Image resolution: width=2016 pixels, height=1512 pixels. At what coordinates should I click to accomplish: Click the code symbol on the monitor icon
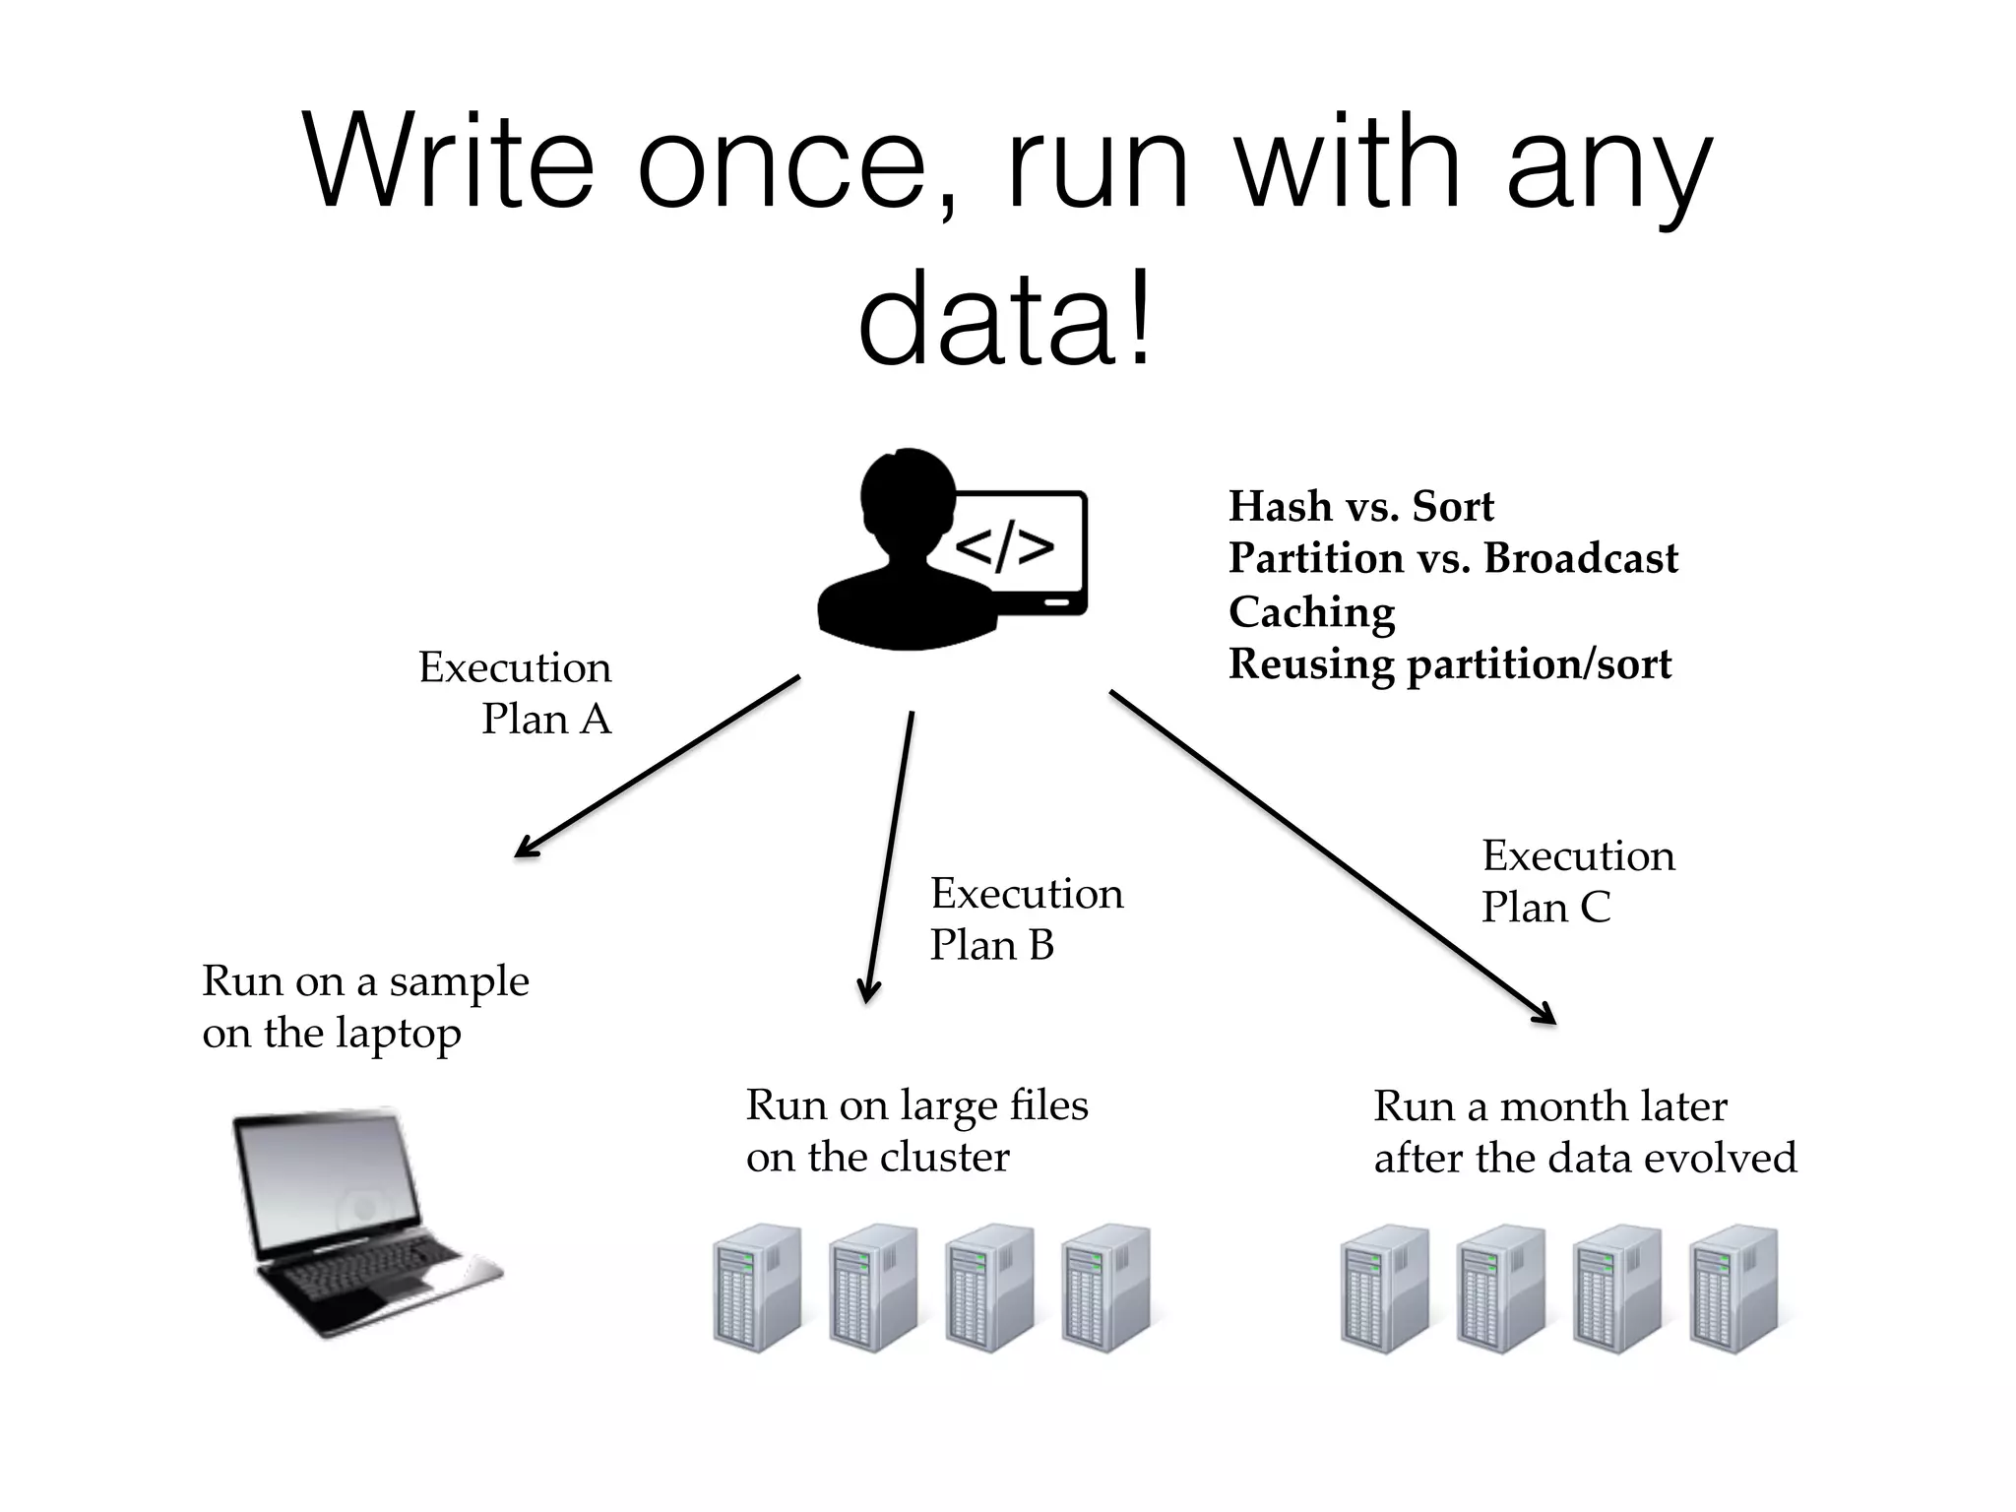point(1004,547)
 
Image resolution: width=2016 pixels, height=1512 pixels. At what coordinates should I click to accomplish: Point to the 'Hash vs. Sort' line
point(1360,507)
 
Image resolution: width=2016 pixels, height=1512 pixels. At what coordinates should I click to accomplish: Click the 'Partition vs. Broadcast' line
point(1452,558)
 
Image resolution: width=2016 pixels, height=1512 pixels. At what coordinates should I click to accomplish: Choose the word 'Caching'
point(1311,611)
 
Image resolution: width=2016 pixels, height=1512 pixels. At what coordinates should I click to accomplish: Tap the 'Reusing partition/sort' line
point(1449,663)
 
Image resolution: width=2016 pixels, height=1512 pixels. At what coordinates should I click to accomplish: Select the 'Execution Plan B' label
point(1026,918)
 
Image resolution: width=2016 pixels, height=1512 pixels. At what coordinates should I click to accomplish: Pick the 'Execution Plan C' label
point(1577,881)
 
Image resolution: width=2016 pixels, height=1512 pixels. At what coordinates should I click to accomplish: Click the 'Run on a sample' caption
point(365,981)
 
